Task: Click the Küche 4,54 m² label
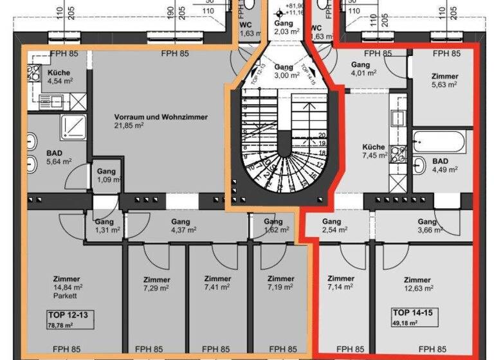(59, 77)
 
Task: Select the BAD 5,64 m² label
(59, 157)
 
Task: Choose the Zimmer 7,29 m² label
(156, 284)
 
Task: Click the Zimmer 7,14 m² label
(340, 283)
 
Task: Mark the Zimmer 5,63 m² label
(444, 80)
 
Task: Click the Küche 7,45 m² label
(374, 150)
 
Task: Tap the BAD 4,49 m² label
(444, 165)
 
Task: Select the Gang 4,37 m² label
(183, 226)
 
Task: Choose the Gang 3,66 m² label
(426, 226)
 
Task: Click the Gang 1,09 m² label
(106, 175)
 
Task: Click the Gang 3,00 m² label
(283, 71)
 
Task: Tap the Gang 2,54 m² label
(334, 226)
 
